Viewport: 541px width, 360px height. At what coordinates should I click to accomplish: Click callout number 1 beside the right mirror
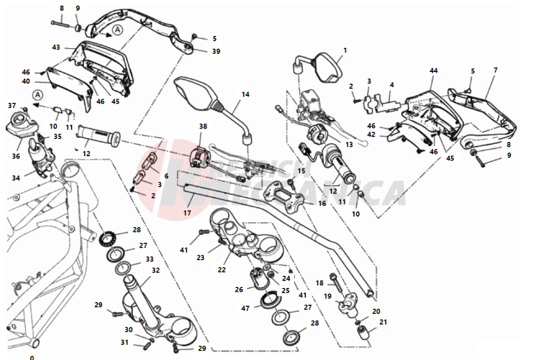344,50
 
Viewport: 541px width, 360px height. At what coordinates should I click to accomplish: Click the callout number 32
156,271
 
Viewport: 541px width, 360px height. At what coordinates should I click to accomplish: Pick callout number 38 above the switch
203,126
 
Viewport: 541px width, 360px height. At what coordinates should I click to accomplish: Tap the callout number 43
56,48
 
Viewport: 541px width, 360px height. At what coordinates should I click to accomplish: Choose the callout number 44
434,71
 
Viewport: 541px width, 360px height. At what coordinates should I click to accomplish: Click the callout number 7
495,70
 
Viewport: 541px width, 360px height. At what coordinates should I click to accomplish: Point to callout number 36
16,156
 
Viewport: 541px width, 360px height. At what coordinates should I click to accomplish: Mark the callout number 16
321,203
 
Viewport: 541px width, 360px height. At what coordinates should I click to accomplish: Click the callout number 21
383,322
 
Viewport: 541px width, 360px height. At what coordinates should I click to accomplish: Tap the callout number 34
16,178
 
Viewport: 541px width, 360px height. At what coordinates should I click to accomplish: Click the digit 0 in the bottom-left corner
32,357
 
